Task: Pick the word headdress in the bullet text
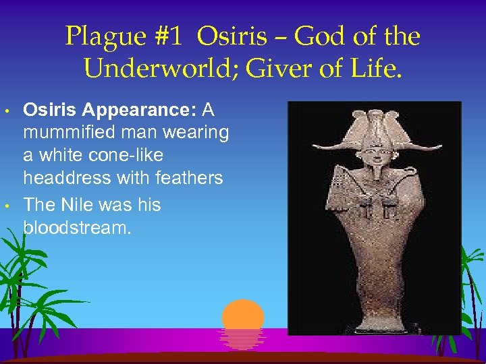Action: pyautogui.click(x=63, y=178)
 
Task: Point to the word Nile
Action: pyautogui.click(x=75, y=204)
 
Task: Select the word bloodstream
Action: pyautogui.click(x=76, y=227)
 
